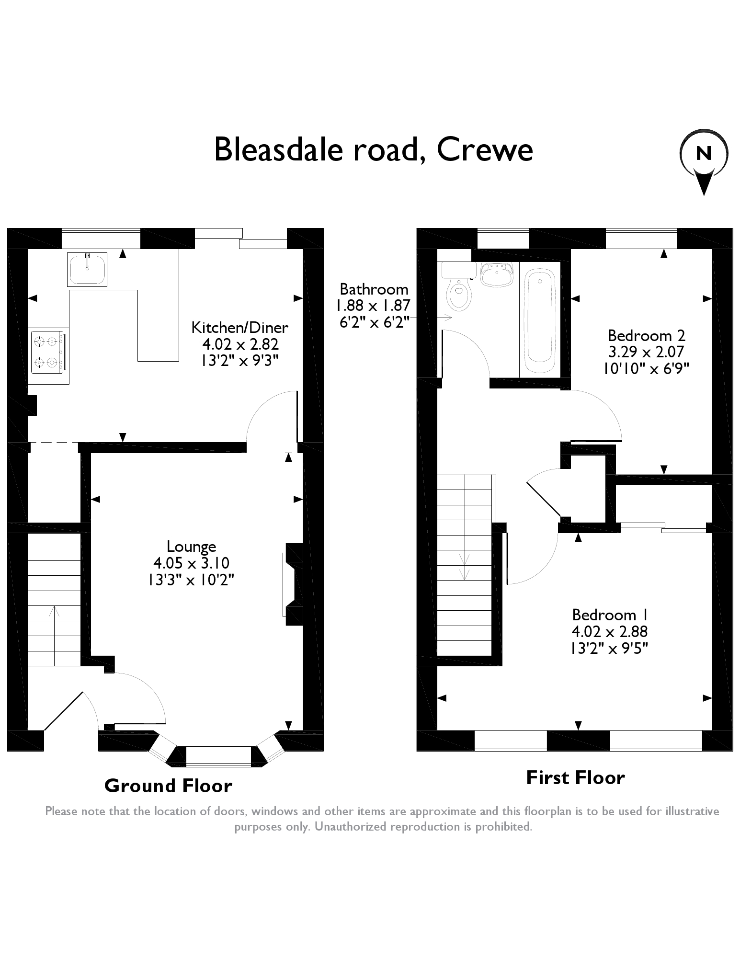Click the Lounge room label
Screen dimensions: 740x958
point(191,546)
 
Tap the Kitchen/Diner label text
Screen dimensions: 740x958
point(239,328)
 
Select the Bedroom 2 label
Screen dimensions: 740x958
point(647,335)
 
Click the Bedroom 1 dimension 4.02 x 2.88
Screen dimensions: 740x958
point(610,631)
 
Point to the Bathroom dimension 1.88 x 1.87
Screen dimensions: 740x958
point(373,305)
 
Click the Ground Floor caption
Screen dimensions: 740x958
point(168,786)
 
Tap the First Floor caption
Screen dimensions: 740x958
point(575,778)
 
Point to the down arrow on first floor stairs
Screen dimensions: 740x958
point(464,565)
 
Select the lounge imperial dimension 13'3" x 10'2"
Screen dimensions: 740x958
point(191,580)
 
